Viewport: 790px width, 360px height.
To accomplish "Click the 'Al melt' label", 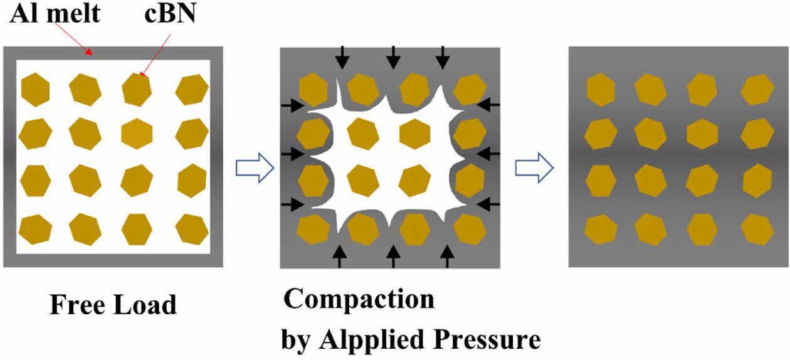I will tap(55, 13).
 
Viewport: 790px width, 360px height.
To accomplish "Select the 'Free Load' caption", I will tap(113, 305).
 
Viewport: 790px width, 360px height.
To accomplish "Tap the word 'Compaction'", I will tap(359, 299).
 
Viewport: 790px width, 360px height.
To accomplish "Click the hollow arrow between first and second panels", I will tap(255, 167).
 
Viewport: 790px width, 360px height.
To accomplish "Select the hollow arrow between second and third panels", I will tap(534, 167).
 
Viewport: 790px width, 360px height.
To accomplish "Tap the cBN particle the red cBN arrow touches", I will tap(137, 89).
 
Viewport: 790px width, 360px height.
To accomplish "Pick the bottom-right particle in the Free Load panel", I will tap(192, 229).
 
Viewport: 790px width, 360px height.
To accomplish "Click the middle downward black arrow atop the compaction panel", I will tap(393, 58).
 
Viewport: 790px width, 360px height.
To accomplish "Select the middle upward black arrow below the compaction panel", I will tap(393, 256).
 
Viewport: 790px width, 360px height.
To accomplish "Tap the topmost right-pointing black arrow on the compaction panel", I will tap(290, 105).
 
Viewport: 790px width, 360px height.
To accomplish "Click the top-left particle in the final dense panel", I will tap(601, 88).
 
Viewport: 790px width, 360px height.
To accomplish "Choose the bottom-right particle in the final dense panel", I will tap(756, 230).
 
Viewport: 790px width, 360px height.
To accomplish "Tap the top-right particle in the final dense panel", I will tap(756, 89).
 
